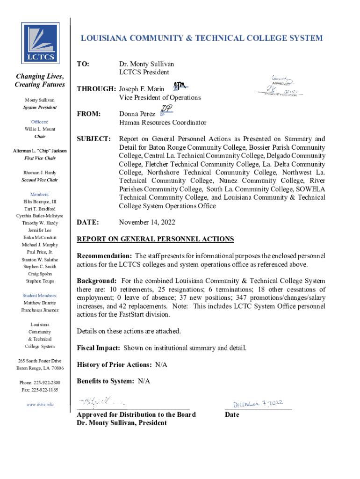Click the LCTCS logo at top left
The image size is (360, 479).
tap(40, 43)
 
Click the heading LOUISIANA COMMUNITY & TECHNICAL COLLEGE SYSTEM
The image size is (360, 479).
tap(202, 38)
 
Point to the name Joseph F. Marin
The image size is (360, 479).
tap(142, 89)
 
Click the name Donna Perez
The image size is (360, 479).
tap(137, 114)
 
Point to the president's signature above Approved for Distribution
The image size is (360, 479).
tap(101, 401)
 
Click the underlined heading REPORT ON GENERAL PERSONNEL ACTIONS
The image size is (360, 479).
tap(155, 239)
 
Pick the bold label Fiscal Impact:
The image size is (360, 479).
tap(99, 348)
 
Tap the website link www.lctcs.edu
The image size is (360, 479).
tap(40, 404)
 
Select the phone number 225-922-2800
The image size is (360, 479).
tap(47, 383)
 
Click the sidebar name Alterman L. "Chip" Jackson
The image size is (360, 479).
tap(40, 151)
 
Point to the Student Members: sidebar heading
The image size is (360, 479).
tap(40, 296)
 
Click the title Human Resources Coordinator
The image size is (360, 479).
tap(162, 123)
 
